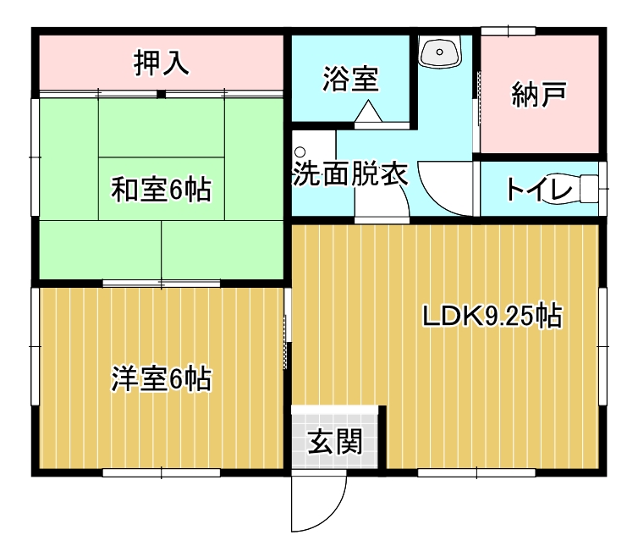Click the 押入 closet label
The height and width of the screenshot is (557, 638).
(x=161, y=63)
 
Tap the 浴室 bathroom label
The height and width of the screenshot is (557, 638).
(x=351, y=79)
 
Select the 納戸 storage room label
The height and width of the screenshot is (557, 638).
(x=539, y=95)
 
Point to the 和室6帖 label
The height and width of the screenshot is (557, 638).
(x=162, y=190)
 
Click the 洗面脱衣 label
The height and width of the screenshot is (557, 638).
(x=350, y=174)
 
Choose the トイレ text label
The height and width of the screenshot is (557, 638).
(x=539, y=189)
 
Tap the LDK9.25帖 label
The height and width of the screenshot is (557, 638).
(x=492, y=316)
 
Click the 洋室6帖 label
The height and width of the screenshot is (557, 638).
(x=162, y=378)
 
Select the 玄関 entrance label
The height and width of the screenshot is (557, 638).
(x=335, y=442)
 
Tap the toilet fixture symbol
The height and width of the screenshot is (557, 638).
(x=588, y=189)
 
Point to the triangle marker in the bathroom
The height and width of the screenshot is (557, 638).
(x=368, y=111)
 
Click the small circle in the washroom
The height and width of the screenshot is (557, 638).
(x=300, y=152)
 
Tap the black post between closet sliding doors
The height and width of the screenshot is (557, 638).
(x=161, y=95)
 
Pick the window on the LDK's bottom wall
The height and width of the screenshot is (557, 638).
(x=476, y=472)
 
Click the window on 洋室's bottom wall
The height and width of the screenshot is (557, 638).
(x=161, y=472)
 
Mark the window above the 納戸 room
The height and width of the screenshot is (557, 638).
(x=508, y=31)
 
